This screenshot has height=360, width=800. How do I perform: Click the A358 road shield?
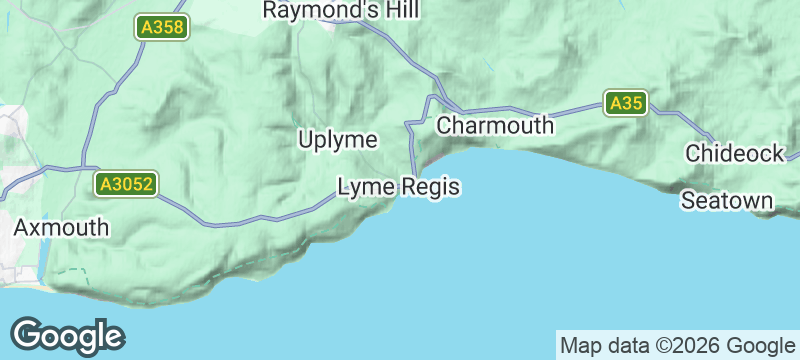(x=162, y=28)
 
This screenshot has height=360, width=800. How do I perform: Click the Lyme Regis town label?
(x=398, y=186)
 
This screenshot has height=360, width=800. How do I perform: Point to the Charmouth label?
(x=495, y=126)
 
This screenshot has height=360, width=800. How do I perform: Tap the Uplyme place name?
(x=337, y=140)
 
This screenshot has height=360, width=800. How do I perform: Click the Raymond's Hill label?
(x=341, y=10)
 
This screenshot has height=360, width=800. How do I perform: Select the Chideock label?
(x=735, y=153)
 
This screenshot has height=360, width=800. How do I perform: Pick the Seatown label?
(x=727, y=201)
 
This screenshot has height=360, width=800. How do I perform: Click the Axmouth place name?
(x=61, y=227)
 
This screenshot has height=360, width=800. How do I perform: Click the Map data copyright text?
(x=675, y=346)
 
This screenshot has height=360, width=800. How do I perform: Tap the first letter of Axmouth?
(x=21, y=227)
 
